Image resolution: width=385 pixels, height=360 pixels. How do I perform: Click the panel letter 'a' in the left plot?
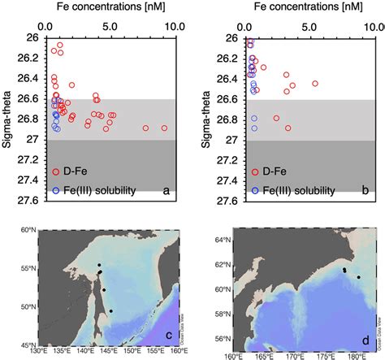point(166,190)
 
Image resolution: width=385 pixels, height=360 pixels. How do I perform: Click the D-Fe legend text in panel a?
point(77,171)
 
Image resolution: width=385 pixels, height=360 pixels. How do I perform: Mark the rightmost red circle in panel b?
point(315,84)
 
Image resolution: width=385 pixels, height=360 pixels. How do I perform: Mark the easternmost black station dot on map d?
point(358,277)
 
